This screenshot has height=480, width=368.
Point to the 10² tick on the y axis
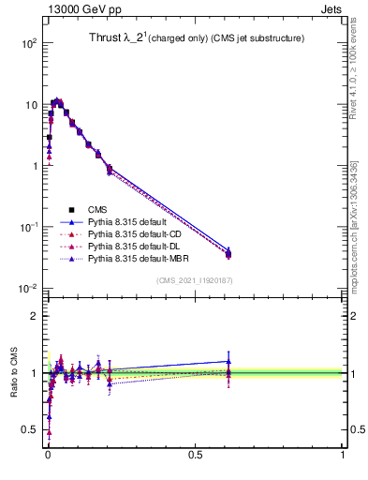pyautogui.click(x=28, y=43)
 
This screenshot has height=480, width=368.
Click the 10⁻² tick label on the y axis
pyautogui.click(x=28, y=288)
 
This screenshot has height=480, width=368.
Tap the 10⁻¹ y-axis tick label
pyautogui.click(x=28, y=227)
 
